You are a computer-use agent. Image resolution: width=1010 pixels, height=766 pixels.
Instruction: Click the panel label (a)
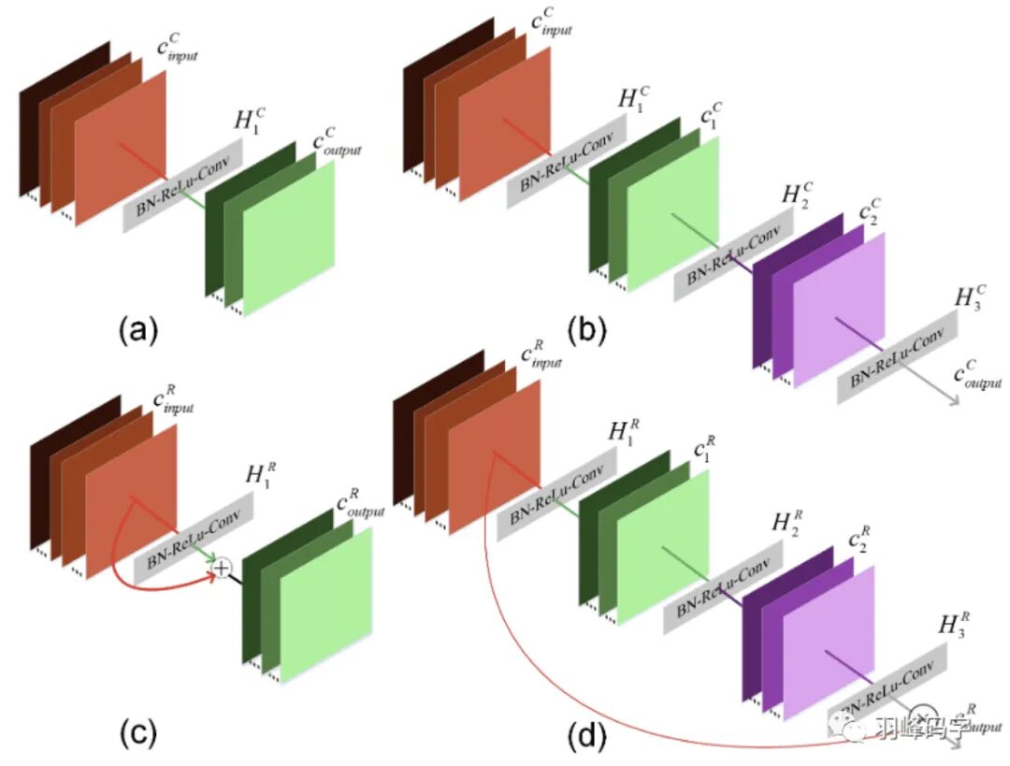point(138,328)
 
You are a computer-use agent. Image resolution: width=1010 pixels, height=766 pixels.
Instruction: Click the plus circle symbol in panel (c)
point(222,567)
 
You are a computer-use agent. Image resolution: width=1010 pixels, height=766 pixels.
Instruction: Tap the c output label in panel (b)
point(976,376)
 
